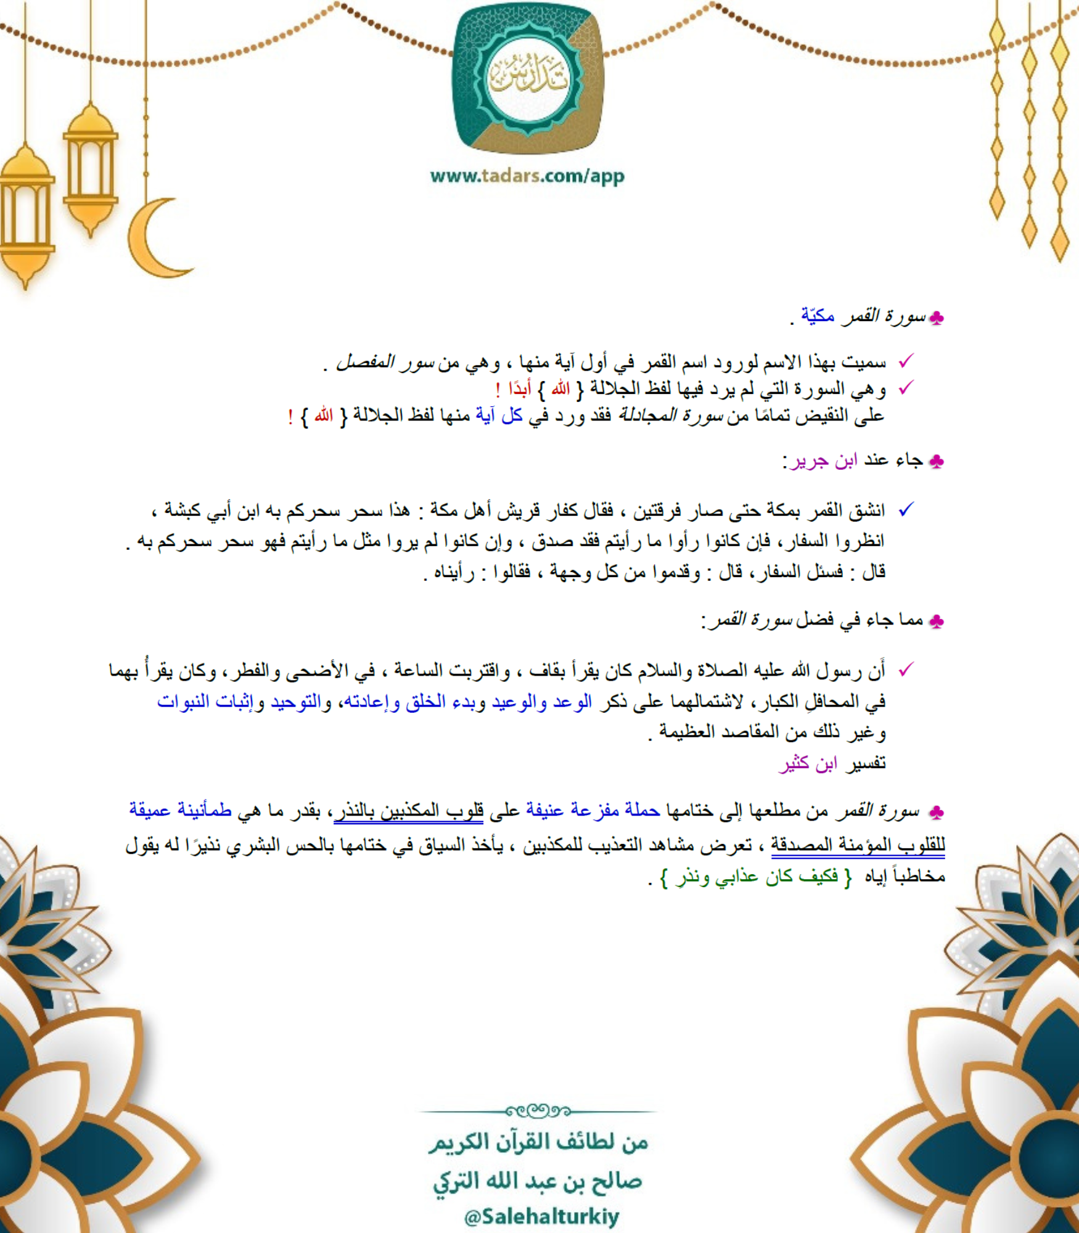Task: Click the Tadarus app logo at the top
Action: click(528, 78)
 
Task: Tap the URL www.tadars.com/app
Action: click(527, 176)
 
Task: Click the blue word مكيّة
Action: click(818, 316)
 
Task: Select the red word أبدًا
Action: click(519, 389)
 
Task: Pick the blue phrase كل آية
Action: click(499, 416)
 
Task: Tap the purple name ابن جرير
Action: click(824, 461)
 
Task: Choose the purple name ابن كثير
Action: click(808, 764)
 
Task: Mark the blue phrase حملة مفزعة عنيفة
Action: click(593, 810)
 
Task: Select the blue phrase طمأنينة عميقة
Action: click(180, 810)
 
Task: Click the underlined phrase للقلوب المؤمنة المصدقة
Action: click(858, 845)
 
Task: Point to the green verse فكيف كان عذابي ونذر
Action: click(757, 877)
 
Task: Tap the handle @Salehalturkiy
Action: click(541, 1216)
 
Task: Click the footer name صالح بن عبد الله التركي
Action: click(537, 1181)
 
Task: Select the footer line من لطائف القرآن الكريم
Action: click(538, 1142)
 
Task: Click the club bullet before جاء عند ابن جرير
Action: click(936, 462)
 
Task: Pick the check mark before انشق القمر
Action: click(906, 510)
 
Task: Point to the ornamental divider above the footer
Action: click(537, 1111)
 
